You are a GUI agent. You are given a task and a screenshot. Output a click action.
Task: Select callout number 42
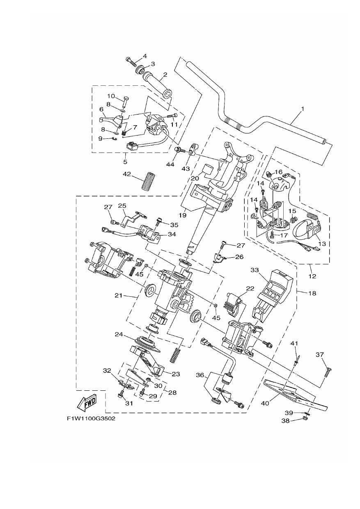pyautogui.click(x=127, y=174)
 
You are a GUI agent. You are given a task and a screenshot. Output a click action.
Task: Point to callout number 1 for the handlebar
pyautogui.click(x=302, y=109)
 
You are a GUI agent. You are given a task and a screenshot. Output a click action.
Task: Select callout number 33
pyautogui.click(x=255, y=270)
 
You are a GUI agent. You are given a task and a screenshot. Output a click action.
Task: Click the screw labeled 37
pyautogui.click(x=328, y=372)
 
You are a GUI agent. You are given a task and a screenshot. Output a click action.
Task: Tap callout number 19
pyautogui.click(x=182, y=215)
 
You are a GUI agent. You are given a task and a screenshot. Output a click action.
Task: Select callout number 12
pyautogui.click(x=312, y=276)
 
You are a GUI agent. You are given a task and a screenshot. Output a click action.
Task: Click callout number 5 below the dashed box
pyautogui.click(x=125, y=162)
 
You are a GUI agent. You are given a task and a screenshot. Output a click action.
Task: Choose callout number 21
pyautogui.click(x=118, y=296)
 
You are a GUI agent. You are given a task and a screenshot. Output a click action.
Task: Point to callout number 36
pyautogui.click(x=200, y=375)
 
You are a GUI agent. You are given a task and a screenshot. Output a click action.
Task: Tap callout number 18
pyautogui.click(x=313, y=293)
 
